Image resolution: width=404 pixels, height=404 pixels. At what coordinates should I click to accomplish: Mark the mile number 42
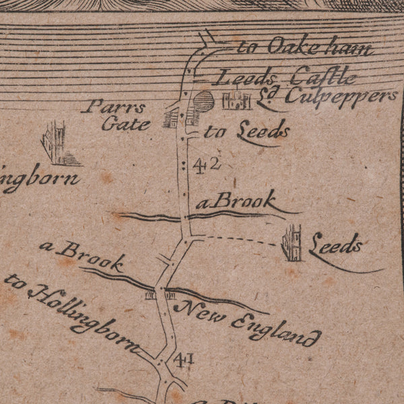click(x=206, y=164)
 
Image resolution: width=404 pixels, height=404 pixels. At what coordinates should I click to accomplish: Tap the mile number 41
click(x=183, y=360)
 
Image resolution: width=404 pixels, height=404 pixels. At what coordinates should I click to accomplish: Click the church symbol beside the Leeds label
click(x=292, y=243)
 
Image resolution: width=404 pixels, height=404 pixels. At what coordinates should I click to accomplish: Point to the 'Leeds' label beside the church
click(x=335, y=247)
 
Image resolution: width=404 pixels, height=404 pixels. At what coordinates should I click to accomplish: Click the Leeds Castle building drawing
click(x=236, y=100)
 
